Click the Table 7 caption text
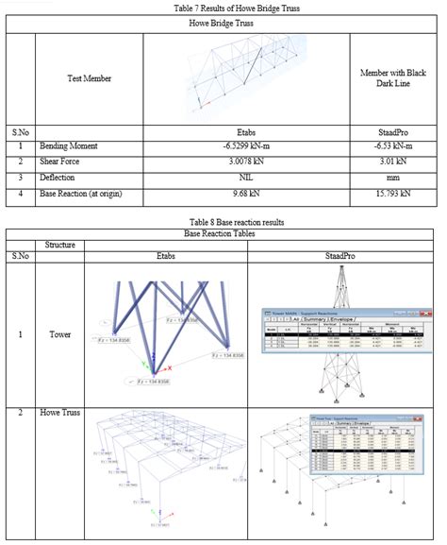223,8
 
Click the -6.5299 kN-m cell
245,148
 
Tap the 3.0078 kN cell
245,162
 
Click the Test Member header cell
89,80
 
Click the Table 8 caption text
223,222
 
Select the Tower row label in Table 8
59,334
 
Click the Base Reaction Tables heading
223,232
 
